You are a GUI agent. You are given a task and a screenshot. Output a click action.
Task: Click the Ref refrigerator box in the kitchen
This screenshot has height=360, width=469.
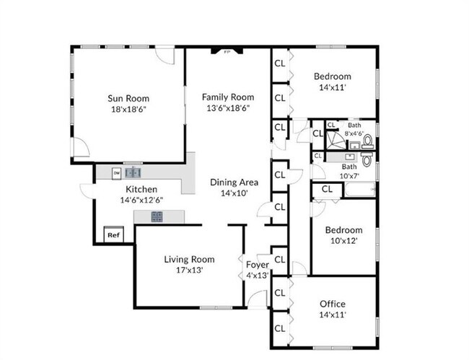[113, 235]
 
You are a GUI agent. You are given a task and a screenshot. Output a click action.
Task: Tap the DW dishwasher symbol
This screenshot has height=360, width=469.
[116, 173]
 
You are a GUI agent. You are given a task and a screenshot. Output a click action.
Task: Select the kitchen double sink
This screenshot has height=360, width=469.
[133, 173]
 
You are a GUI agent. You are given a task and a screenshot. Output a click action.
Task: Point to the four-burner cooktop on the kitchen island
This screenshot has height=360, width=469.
[158, 216]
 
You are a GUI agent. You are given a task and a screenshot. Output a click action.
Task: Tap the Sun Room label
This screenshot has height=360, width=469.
[129, 98]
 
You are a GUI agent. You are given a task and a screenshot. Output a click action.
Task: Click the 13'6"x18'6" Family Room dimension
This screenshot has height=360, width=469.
[228, 108]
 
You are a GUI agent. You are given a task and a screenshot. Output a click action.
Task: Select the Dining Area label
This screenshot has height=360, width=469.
[229, 183]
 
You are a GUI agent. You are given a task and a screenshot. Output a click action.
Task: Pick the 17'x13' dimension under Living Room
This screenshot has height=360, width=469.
[188, 271]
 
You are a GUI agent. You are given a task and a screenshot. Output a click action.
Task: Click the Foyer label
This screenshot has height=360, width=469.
[258, 265]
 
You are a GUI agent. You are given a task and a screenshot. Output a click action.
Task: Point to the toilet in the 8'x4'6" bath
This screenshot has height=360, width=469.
[367, 140]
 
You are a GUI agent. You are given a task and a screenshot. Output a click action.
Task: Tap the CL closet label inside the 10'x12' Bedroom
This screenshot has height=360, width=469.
[327, 189]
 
